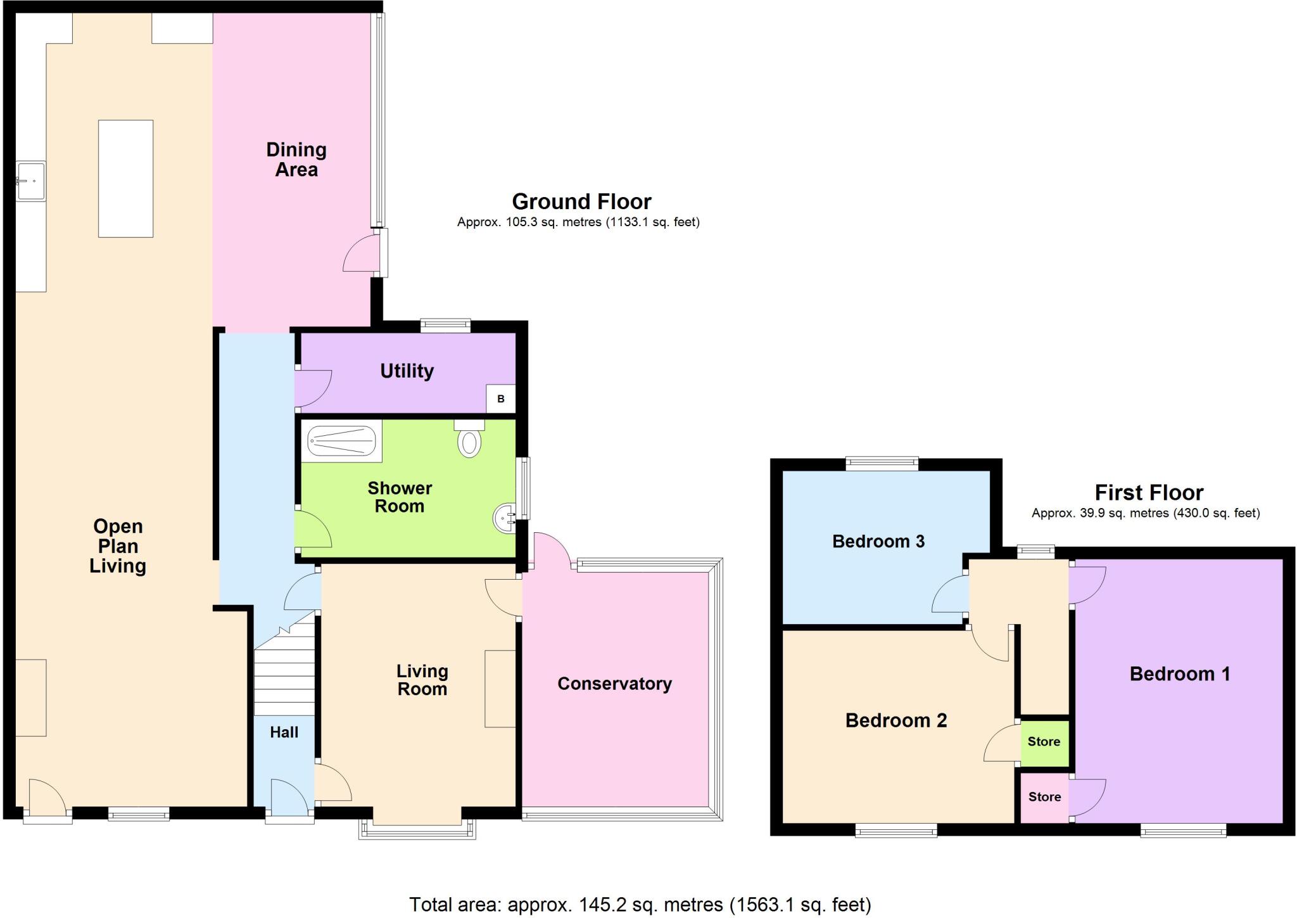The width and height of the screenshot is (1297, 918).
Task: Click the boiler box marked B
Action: coord(500,399)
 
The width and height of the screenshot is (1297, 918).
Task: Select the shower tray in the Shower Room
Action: coord(341,440)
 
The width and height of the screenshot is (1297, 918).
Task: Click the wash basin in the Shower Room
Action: coord(505,518)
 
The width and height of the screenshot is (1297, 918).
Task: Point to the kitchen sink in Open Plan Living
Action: coord(30,181)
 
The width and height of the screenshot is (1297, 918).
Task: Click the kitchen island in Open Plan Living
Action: coord(125,179)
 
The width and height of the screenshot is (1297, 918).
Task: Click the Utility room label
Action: coord(407,371)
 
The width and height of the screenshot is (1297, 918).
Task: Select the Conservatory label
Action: coord(614,684)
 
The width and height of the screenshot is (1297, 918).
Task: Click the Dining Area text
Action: coord(296,160)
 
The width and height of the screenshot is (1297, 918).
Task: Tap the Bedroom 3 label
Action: coord(878,541)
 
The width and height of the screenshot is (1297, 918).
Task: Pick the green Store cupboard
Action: coord(1044,742)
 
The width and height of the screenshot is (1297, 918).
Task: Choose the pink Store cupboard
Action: coord(1044,797)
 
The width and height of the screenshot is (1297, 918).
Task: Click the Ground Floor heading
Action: coord(581,201)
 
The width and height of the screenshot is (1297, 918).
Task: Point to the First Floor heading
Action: coord(1149,492)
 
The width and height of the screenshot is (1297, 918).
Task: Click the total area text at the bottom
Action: coord(640,905)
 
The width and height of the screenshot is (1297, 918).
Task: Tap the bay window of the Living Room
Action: coord(417,830)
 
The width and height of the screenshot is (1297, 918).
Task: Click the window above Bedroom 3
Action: coord(882,464)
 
